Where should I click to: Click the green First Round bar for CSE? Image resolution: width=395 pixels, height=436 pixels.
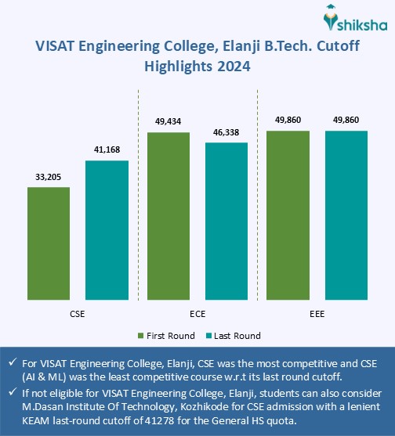click(49, 243)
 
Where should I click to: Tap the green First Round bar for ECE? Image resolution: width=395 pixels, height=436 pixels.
click(168, 216)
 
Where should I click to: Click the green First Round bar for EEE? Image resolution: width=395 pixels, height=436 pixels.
click(288, 215)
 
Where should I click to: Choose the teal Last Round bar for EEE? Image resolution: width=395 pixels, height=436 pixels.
click(346, 215)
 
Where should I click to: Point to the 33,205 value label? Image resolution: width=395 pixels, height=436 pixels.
click(49, 178)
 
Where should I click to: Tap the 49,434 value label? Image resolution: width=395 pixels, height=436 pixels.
click(168, 123)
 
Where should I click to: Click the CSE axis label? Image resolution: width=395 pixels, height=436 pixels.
click(78, 313)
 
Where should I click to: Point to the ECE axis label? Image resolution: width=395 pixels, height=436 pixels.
click(197, 313)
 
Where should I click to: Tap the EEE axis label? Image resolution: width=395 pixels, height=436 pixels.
click(317, 313)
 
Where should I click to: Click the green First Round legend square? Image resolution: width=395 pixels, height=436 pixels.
click(140, 336)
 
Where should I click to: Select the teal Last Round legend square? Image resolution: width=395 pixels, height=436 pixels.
click(209, 336)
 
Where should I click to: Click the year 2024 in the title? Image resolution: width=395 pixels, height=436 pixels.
click(234, 67)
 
